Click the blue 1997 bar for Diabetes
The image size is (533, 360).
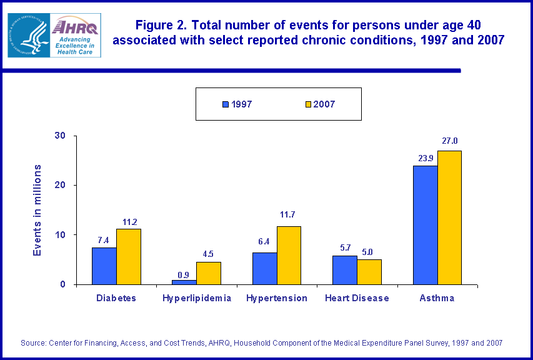[104, 266]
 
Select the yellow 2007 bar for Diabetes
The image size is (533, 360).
[129, 256]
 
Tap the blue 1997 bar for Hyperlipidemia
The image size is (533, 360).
[184, 282]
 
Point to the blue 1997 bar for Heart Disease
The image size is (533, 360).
[345, 270]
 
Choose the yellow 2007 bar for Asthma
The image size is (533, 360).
[449, 217]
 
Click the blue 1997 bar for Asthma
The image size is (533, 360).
[426, 225]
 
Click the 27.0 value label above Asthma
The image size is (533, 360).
[449, 141]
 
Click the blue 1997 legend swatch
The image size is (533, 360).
[226, 104]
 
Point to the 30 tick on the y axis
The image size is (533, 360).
[61, 136]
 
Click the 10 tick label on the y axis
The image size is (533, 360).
[61, 235]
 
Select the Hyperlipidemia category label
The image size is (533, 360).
[197, 298]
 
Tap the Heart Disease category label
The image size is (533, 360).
[357, 298]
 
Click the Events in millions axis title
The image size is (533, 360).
[38, 210]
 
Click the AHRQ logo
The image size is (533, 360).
[75, 34]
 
